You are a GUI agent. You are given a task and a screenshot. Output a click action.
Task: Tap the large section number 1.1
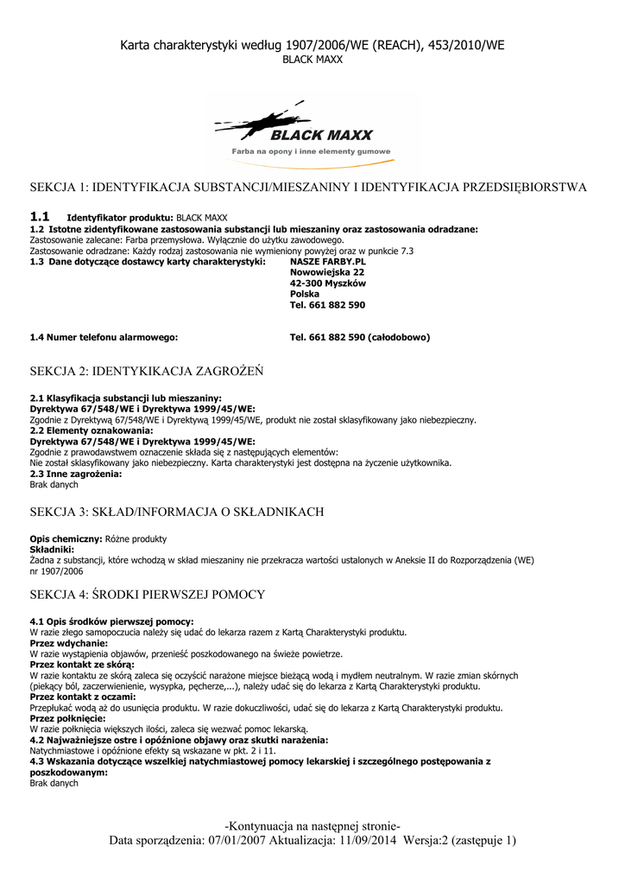[40, 216]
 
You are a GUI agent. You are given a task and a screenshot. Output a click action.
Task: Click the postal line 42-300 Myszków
[328, 283]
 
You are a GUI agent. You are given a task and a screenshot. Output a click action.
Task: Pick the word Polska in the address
[305, 294]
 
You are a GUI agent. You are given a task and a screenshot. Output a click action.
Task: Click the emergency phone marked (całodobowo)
[360, 337]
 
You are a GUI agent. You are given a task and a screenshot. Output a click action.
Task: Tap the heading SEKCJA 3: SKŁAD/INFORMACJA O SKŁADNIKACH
[177, 512]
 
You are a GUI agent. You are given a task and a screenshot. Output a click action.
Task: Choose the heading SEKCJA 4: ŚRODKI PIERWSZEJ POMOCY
[148, 595]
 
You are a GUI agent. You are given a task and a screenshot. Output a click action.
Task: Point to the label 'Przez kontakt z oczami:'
[83, 697]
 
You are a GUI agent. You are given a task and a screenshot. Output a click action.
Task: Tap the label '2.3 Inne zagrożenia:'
[76, 474]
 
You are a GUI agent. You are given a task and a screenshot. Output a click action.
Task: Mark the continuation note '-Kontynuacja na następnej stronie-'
[312, 826]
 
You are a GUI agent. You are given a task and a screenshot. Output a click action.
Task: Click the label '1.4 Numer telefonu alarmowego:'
[104, 337]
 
